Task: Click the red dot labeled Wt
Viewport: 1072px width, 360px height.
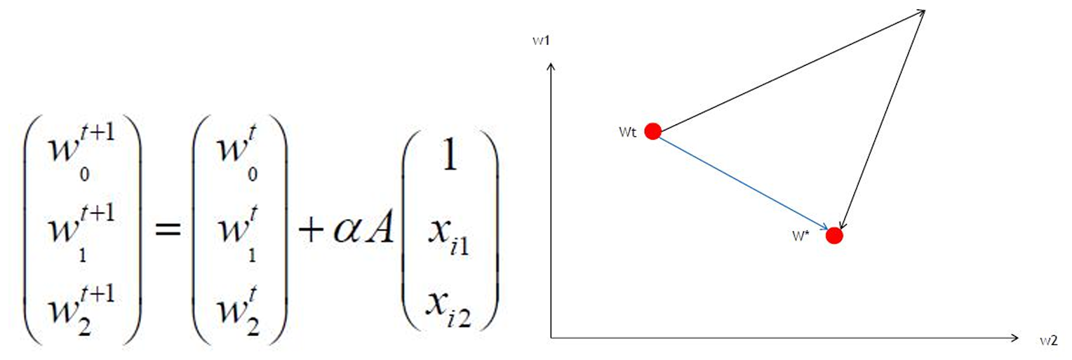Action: coord(653,131)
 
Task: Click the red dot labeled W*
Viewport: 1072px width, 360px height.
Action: coord(834,236)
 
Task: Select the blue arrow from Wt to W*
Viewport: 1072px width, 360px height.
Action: coord(744,184)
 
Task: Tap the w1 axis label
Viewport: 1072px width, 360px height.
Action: coord(540,41)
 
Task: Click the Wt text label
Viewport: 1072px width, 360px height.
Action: coord(629,132)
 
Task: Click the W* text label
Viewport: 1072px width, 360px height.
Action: coord(801,236)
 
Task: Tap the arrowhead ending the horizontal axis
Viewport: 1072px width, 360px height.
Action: coord(1014,338)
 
